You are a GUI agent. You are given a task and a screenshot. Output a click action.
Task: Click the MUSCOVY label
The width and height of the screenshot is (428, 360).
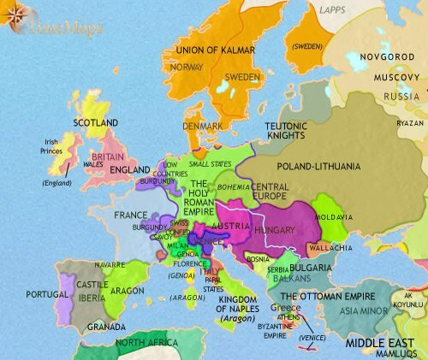(x=396, y=78)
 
